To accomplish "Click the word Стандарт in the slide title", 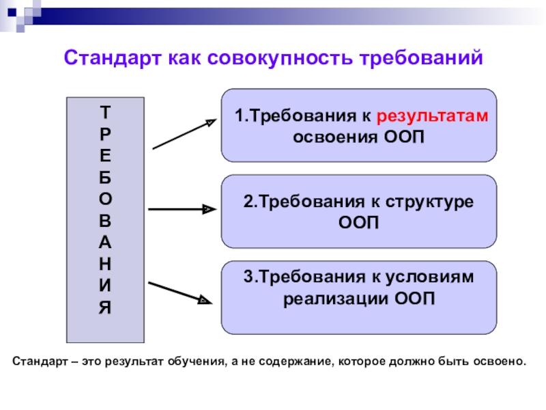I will click(x=110, y=57).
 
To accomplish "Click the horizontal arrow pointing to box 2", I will click(x=181, y=210).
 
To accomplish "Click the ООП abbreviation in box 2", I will click(x=359, y=223).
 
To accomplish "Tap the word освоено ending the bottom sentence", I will click(x=502, y=359).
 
